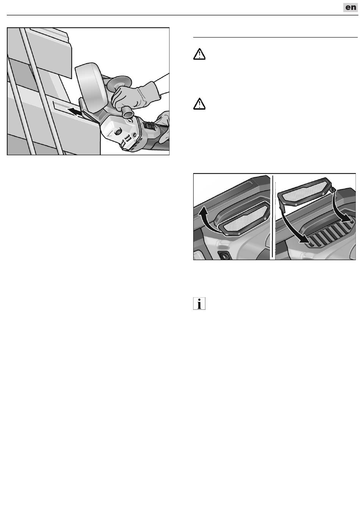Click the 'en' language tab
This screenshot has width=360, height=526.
[x=351, y=7]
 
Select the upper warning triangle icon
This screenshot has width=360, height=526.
[x=199, y=54]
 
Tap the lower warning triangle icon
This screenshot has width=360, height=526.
[x=199, y=104]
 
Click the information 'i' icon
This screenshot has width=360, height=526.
[x=199, y=303]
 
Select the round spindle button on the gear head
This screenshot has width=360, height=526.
[x=117, y=133]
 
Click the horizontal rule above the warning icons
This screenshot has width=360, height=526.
[x=275, y=37]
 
